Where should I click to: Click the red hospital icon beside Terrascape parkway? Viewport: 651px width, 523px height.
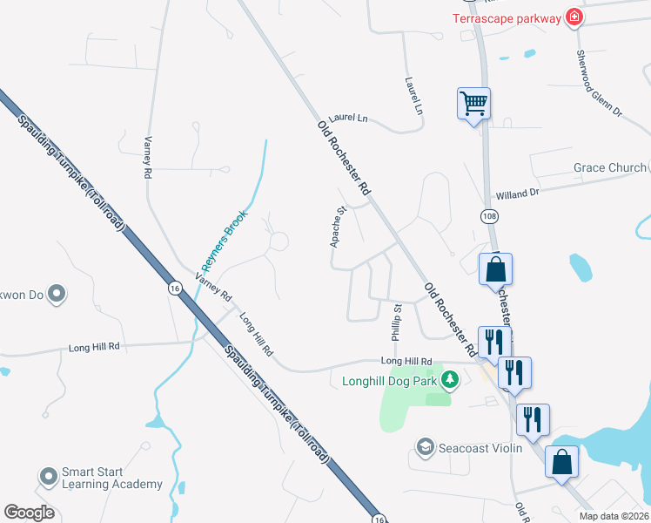[574, 17]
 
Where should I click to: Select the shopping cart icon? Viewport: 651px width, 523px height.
[474, 105]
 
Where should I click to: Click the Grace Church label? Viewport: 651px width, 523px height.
[609, 167]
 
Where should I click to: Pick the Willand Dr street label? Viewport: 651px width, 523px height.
[517, 194]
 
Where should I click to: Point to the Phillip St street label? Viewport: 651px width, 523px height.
[397, 322]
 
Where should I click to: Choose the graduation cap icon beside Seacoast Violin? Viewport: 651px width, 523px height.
[425, 448]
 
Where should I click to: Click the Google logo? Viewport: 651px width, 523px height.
[29, 513]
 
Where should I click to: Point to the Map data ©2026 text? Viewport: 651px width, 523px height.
[613, 516]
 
